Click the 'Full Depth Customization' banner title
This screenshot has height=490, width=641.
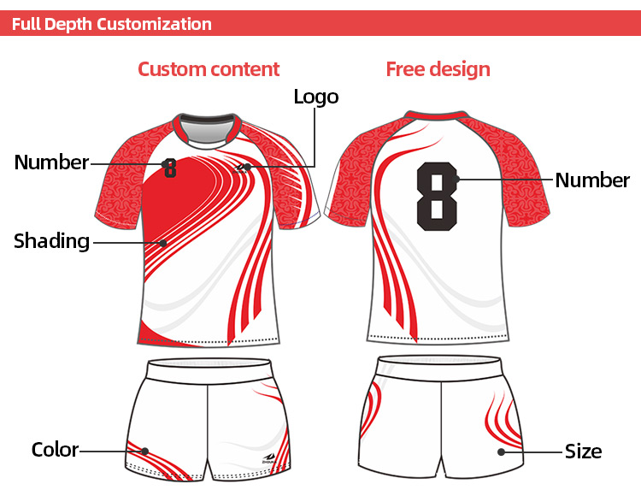click(112, 24)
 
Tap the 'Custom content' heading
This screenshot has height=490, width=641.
click(209, 69)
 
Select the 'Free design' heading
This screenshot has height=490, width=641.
click(438, 69)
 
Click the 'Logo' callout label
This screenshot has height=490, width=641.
click(316, 97)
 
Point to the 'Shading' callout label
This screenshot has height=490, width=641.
click(51, 241)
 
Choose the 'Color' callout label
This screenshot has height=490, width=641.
click(55, 450)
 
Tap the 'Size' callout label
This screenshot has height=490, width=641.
click(583, 452)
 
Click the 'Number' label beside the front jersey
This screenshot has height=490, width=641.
click(51, 162)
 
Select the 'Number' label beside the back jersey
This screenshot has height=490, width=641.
click(592, 180)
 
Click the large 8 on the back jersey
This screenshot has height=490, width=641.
click(437, 197)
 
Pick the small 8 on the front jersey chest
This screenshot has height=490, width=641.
click(170, 168)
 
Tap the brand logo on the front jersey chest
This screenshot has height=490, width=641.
click(241, 168)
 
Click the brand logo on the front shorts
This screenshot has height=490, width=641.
click(270, 458)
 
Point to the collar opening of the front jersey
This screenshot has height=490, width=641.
click(208, 128)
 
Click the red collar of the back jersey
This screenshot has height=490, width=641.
click(436, 115)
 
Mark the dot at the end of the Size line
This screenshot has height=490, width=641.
click(501, 452)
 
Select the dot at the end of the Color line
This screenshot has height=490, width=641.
click(144, 452)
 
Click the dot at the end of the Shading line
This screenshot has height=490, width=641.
click(163, 244)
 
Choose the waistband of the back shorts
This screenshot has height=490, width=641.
click(439, 367)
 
